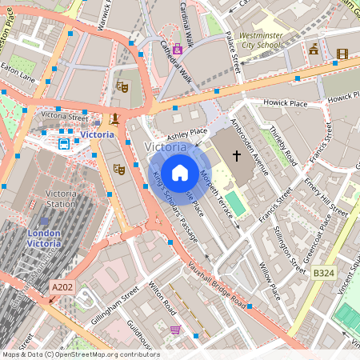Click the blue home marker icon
coord(180,172)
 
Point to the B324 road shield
coord(324,274)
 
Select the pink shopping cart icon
coord(175,329)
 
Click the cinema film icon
coord(342,54)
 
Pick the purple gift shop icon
coord(177,49)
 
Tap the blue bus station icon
coord(63,144)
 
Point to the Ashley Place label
coord(188,130)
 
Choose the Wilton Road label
coord(165,300)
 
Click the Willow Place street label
coord(270,281)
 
